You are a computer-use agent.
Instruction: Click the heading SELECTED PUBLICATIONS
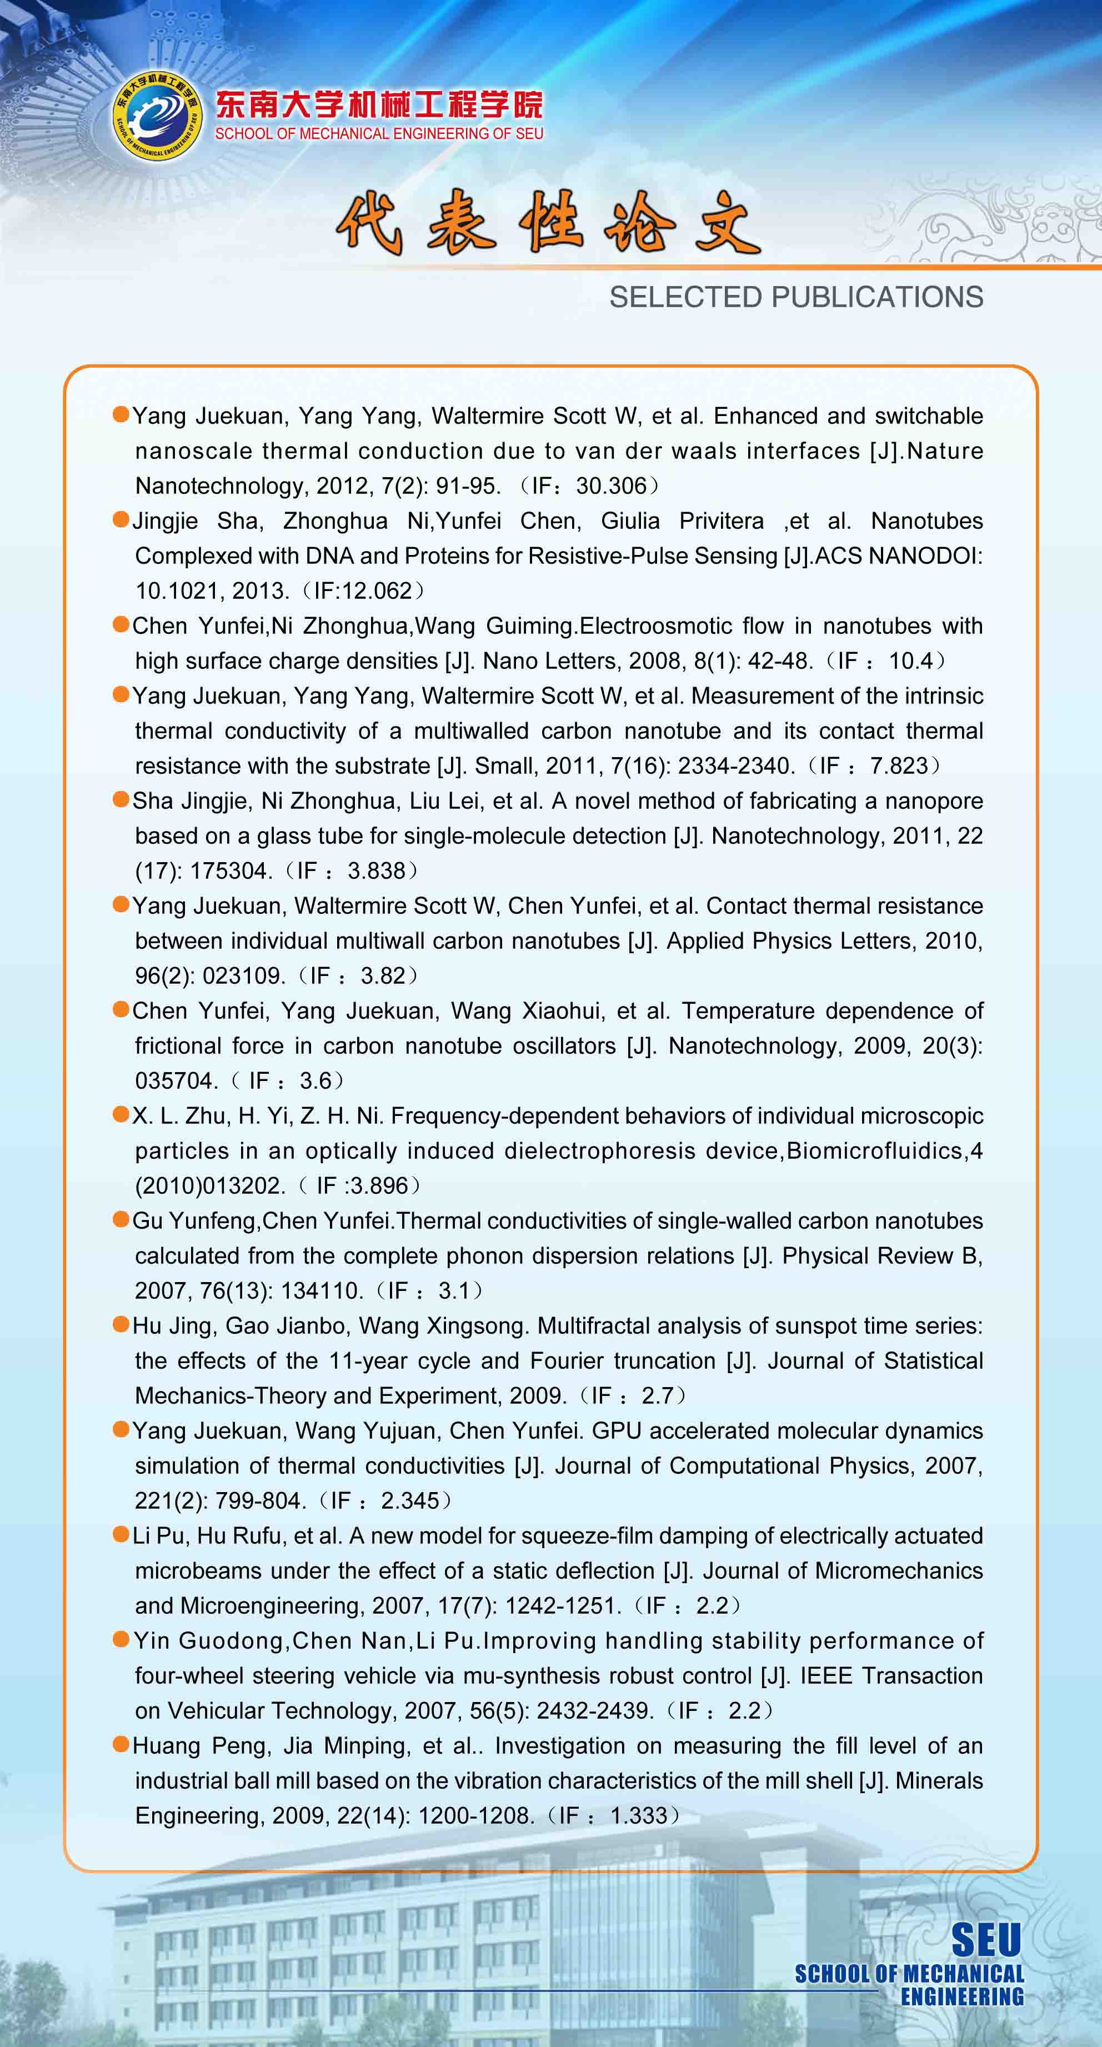pyautogui.click(x=796, y=297)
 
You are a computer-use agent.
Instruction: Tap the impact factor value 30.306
pyautogui.click(x=611, y=486)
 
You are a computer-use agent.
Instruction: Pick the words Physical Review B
pyautogui.click(x=882, y=1255)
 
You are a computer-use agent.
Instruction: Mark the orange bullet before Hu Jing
pyautogui.click(x=121, y=1324)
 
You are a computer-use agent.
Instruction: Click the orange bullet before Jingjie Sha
pyautogui.click(x=121, y=520)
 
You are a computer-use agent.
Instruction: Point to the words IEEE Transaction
pyautogui.click(x=891, y=1675)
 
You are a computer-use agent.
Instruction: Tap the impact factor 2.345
pyautogui.click(x=410, y=1500)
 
